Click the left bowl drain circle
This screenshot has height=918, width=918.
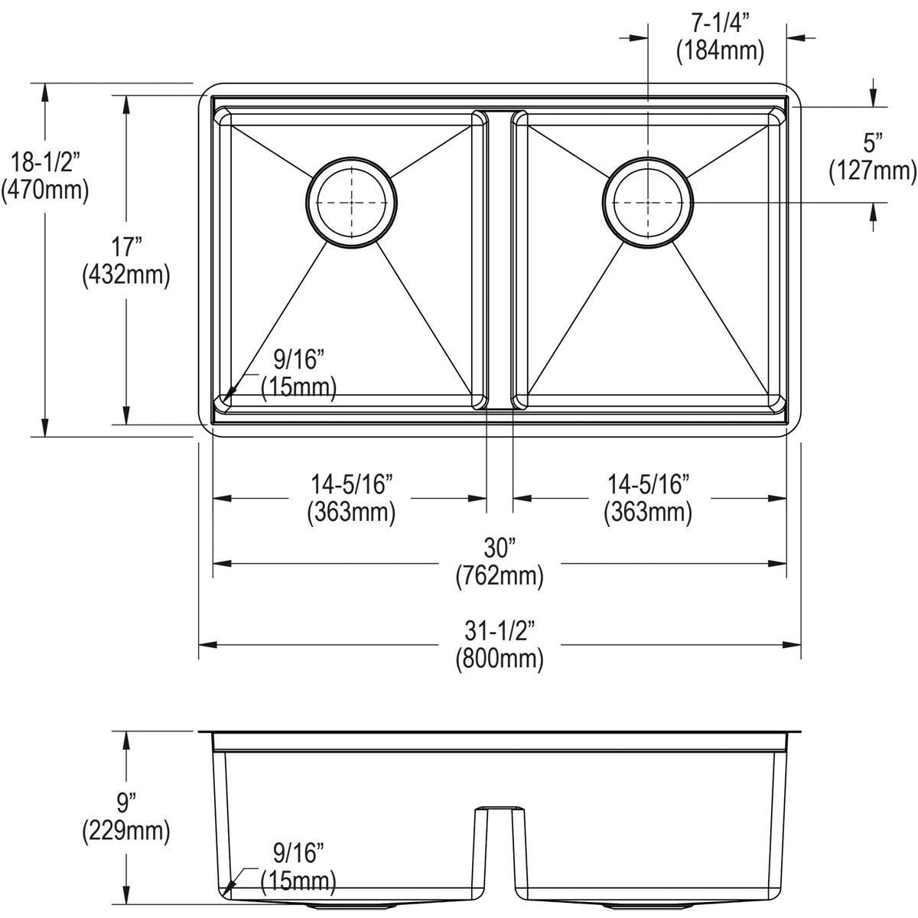point(351,202)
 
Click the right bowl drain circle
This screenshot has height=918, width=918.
point(648,203)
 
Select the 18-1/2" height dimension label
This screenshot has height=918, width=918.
point(45,162)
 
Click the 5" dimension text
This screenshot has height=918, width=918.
point(873,142)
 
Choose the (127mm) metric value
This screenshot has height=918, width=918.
point(873,171)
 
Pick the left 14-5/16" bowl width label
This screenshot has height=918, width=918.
point(351,483)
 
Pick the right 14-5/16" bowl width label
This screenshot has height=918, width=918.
point(649,483)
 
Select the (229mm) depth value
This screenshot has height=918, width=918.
point(125,830)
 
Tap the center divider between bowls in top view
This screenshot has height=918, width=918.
point(499,256)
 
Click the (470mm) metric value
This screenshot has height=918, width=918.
point(45,190)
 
